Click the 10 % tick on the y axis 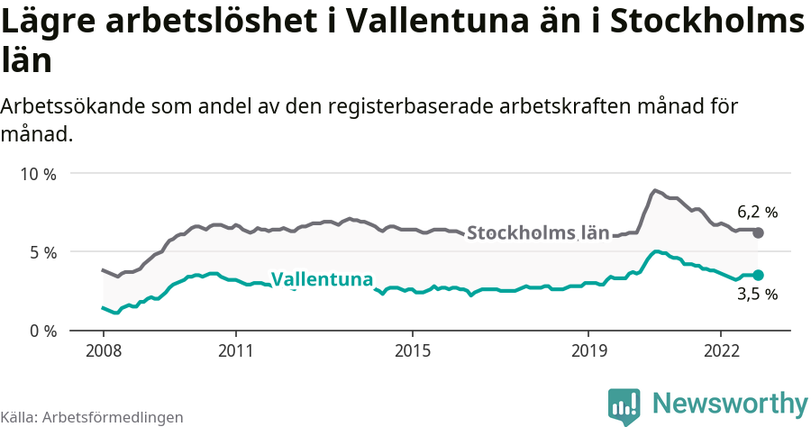[x=38, y=174]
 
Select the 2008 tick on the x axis [x=103, y=349]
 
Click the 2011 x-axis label [x=235, y=349]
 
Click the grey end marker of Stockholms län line [x=758, y=232]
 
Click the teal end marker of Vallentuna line [x=758, y=275]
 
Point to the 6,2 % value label [x=757, y=213]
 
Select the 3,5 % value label [x=757, y=294]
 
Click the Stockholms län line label [x=538, y=232]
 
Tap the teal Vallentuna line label [x=322, y=279]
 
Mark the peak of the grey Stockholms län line [x=655, y=191]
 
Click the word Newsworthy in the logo [x=730, y=402]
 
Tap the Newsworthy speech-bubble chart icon [x=624, y=404]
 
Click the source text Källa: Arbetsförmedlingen [x=92, y=417]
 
